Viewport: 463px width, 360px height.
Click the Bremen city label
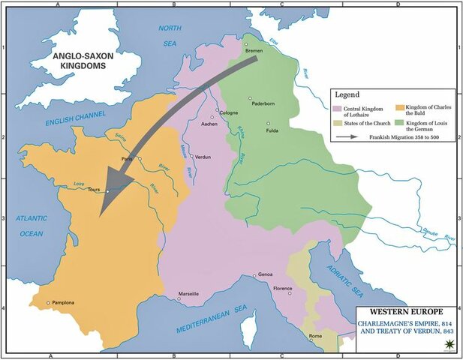click(x=254, y=51)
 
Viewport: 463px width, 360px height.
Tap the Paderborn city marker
click(x=251, y=98)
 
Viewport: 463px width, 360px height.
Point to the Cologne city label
click(x=228, y=113)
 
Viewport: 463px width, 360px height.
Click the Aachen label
click(x=211, y=127)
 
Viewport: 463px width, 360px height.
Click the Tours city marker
click(x=108, y=192)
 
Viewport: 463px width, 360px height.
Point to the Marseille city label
click(x=189, y=294)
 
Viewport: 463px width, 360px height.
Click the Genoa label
click(x=265, y=275)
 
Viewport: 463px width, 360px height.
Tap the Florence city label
click(x=282, y=289)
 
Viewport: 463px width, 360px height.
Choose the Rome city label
click(x=316, y=335)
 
